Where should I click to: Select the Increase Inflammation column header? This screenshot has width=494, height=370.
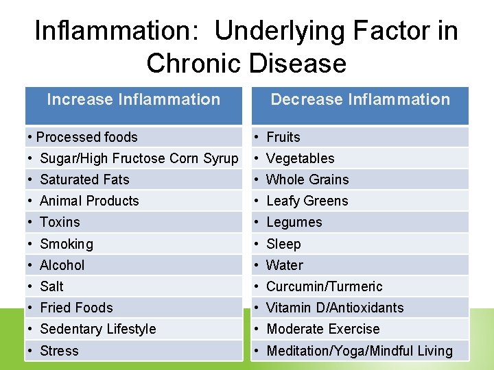pyautogui.click(x=134, y=100)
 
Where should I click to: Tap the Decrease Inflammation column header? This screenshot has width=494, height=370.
pyautogui.click(x=360, y=100)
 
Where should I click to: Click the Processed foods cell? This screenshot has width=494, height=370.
pyautogui.click(x=87, y=137)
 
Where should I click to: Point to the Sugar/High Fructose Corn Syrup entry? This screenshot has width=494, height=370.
pyautogui.click(x=139, y=158)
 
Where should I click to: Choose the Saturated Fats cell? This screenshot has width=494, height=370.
pyautogui.click(x=84, y=180)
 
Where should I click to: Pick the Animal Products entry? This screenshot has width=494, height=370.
pyautogui.click(x=89, y=201)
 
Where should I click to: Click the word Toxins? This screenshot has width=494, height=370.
pyautogui.click(x=60, y=222)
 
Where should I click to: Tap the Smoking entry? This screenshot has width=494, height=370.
pyautogui.click(x=67, y=244)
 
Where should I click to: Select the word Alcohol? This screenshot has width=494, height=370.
pyautogui.click(x=62, y=265)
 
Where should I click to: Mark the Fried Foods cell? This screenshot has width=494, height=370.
pyautogui.click(x=76, y=308)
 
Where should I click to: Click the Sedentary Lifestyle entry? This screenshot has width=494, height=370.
pyautogui.click(x=98, y=329)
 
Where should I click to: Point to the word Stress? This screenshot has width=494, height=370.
pyautogui.click(x=59, y=351)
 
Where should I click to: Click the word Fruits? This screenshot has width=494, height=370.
pyautogui.click(x=283, y=137)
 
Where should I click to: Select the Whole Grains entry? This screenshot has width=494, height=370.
pyautogui.click(x=307, y=180)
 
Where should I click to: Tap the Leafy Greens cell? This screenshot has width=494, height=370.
pyautogui.click(x=307, y=201)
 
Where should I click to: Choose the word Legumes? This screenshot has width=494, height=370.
pyautogui.click(x=294, y=222)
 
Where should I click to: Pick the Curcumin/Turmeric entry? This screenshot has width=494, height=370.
pyautogui.click(x=324, y=286)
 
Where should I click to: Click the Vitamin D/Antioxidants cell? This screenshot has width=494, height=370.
pyautogui.click(x=335, y=308)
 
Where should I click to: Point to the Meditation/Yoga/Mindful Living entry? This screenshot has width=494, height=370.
pyautogui.click(x=360, y=351)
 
